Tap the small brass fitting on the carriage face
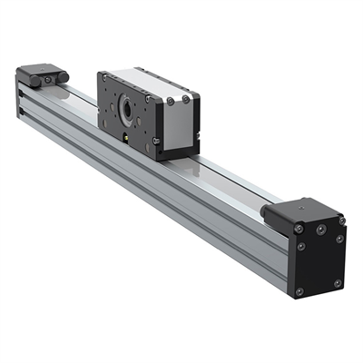pyautogui.click(x=124, y=137)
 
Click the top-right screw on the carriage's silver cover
pyautogui.click(x=186, y=97)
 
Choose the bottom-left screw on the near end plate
pyautogui.click(x=299, y=291)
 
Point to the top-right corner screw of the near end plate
pyautogui.click(x=341, y=220)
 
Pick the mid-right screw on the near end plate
pyautogui.click(x=339, y=239)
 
